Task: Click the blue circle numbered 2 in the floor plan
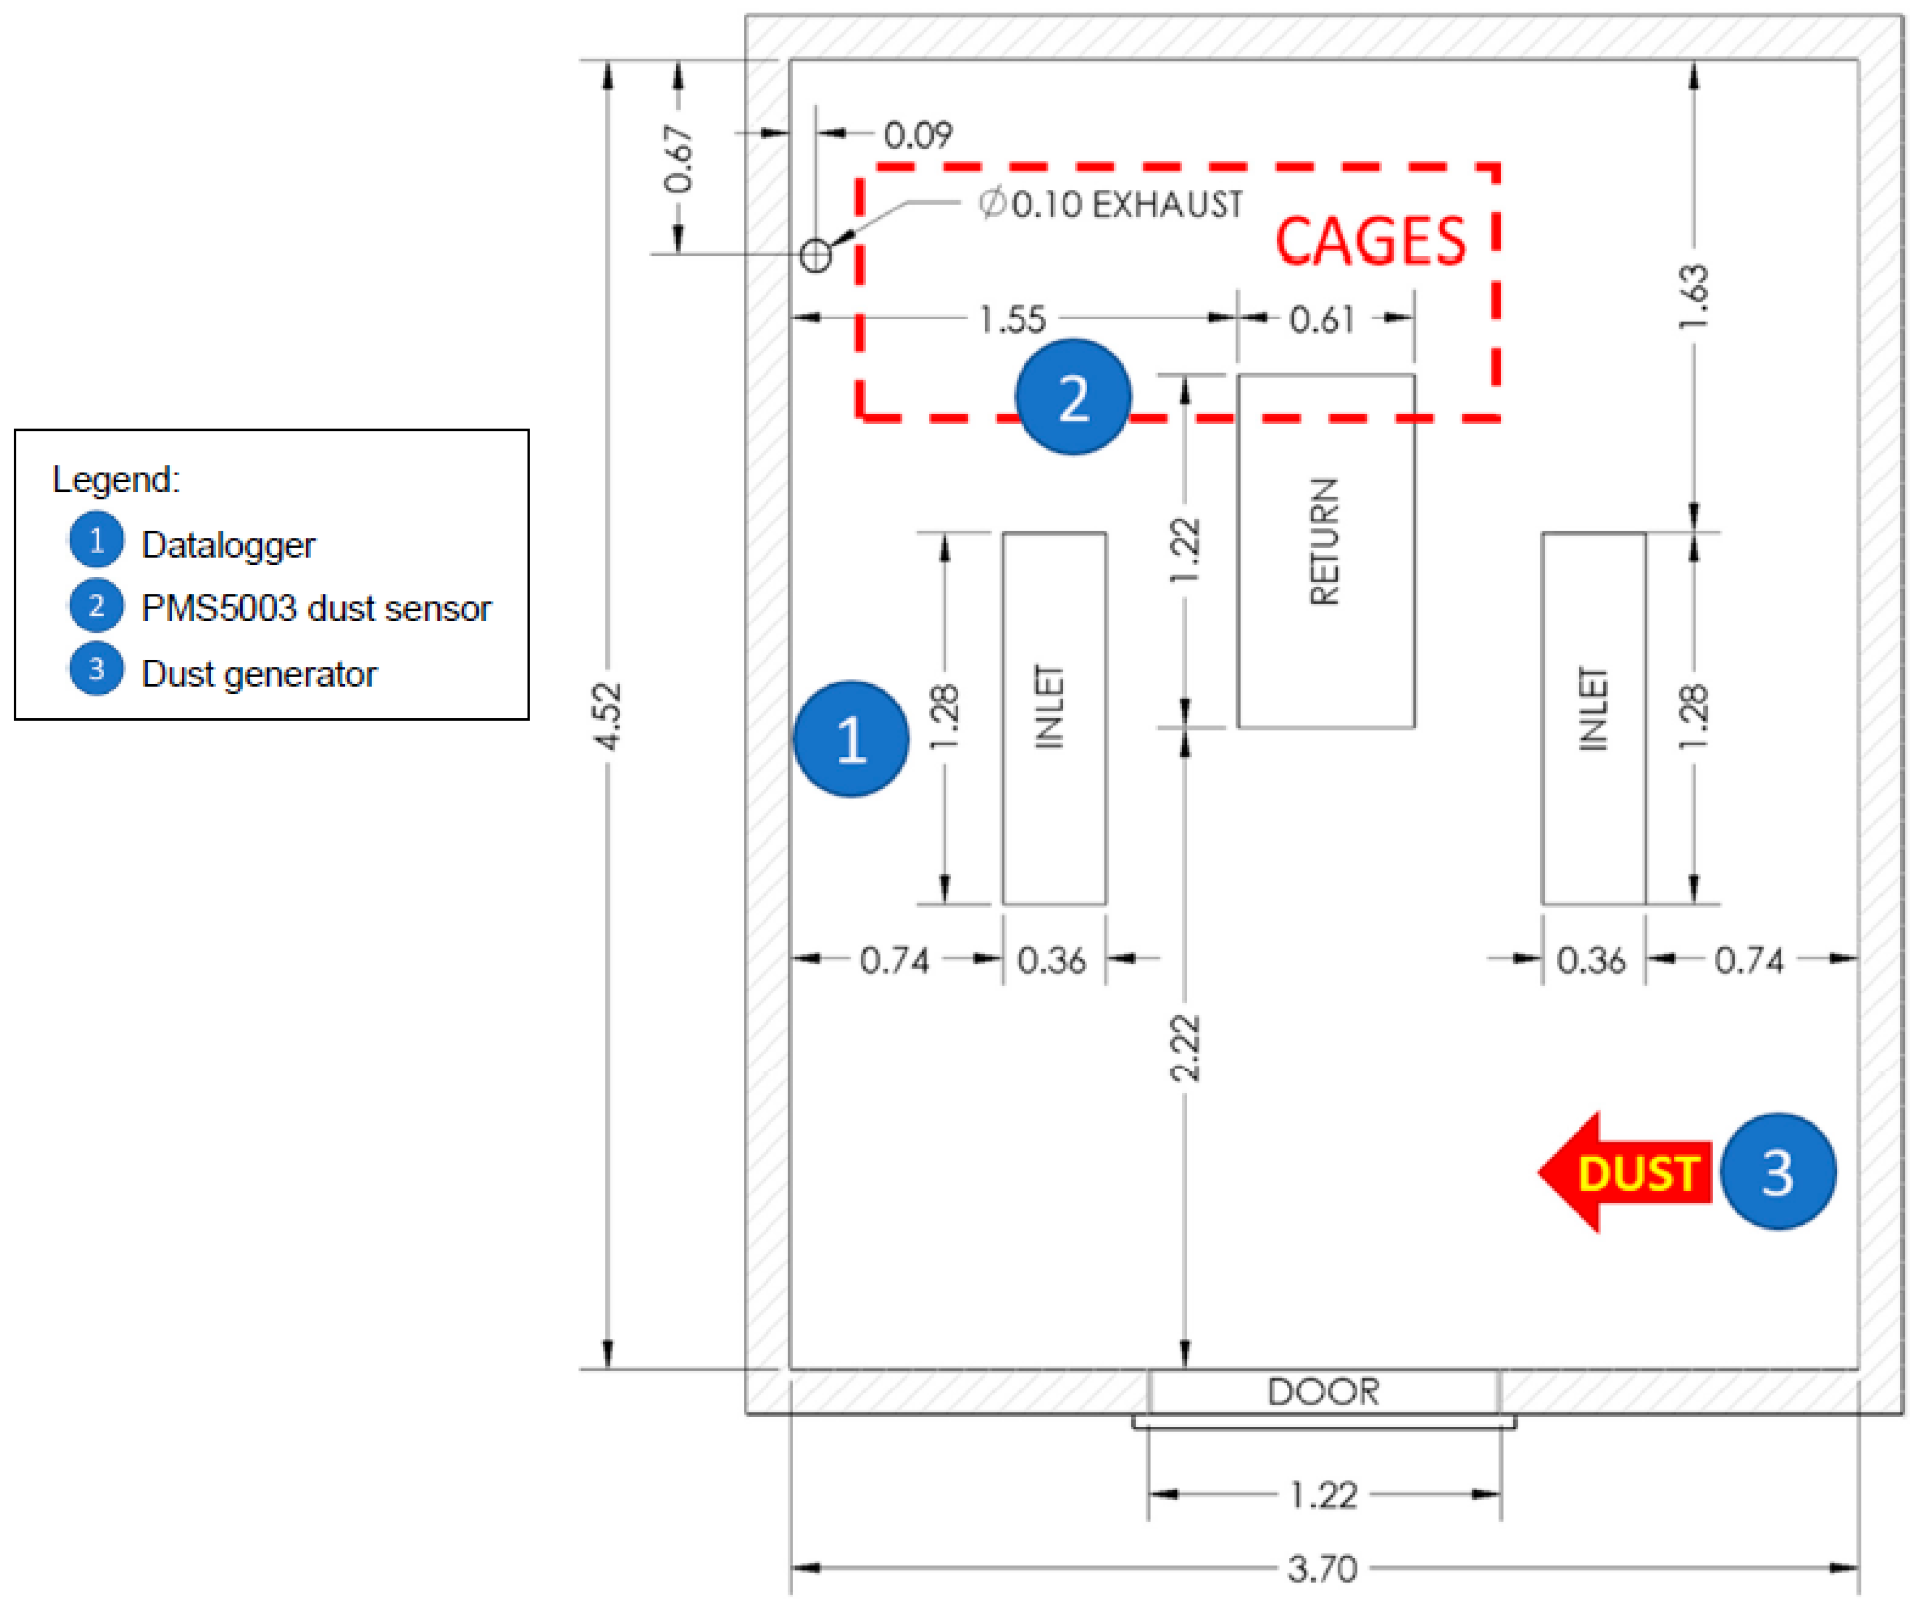pyautogui.click(x=1073, y=397)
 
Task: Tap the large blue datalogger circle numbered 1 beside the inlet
pyautogui.click(x=851, y=739)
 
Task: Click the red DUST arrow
pyautogui.click(x=1625, y=1172)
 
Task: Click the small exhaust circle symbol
pyautogui.click(x=815, y=255)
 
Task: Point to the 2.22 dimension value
pyautogui.click(x=1185, y=1048)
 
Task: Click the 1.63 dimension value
pyautogui.click(x=1694, y=296)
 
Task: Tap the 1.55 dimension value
pyautogui.click(x=1012, y=319)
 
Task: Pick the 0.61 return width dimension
pyautogui.click(x=1322, y=319)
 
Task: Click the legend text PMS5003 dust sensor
pyautogui.click(x=316, y=608)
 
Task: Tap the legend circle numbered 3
pyautogui.click(x=96, y=669)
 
